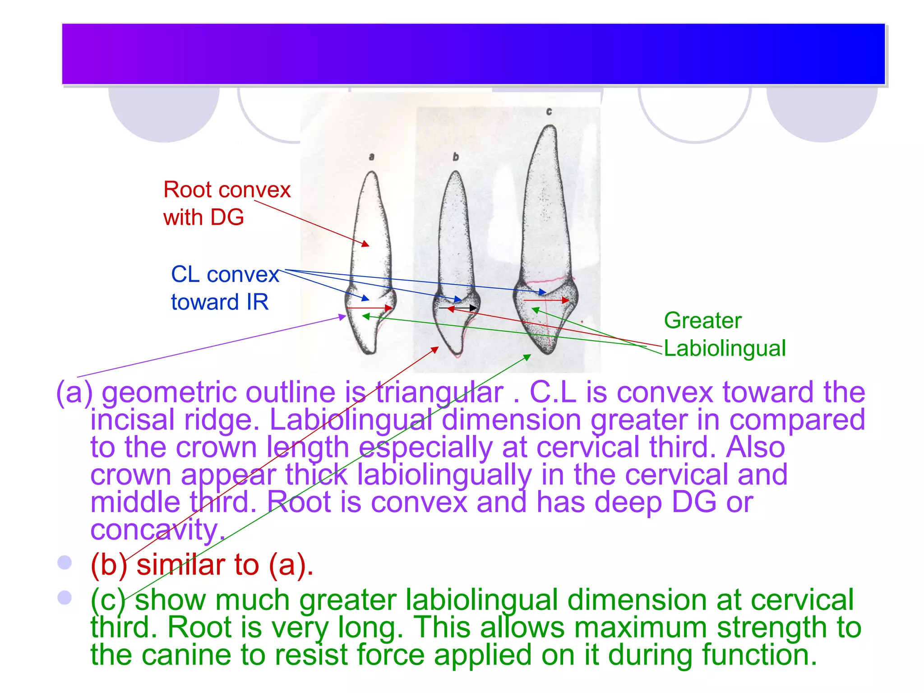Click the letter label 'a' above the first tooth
371,157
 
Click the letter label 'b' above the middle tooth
456,157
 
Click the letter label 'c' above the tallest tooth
549,111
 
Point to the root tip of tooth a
372,173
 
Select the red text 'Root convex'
227,190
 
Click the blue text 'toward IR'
220,302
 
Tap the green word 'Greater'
702,321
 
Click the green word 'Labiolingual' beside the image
725,348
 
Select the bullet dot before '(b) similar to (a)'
65,562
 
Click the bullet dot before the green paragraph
65,597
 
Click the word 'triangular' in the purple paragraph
439,392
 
